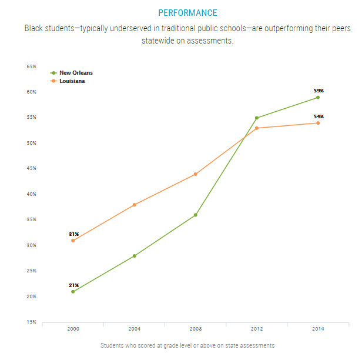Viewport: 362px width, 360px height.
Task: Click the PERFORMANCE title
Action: pos(187,13)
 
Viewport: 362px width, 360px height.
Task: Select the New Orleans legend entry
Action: pos(76,73)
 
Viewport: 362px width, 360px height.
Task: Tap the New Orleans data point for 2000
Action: pos(73,292)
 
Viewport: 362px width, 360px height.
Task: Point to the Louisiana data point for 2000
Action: pos(73,241)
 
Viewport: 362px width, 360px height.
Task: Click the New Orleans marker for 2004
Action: pos(135,256)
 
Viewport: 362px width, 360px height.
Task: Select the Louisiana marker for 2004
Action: pos(135,205)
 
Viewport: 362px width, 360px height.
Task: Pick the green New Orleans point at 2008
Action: pos(196,215)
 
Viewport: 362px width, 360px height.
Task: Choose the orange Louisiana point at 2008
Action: pos(196,174)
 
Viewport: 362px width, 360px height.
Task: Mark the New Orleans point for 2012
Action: pos(257,118)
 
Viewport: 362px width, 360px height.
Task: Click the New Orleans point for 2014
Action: pos(318,98)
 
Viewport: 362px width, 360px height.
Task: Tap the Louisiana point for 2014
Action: pos(318,123)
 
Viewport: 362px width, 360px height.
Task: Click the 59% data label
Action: pos(319,91)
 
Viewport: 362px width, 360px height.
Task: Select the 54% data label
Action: pos(319,116)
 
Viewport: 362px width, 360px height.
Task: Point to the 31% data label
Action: pos(73,234)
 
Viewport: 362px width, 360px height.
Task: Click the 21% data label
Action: pos(73,285)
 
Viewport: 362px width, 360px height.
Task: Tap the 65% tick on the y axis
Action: pos(31,66)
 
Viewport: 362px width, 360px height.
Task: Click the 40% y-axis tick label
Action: pos(31,194)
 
